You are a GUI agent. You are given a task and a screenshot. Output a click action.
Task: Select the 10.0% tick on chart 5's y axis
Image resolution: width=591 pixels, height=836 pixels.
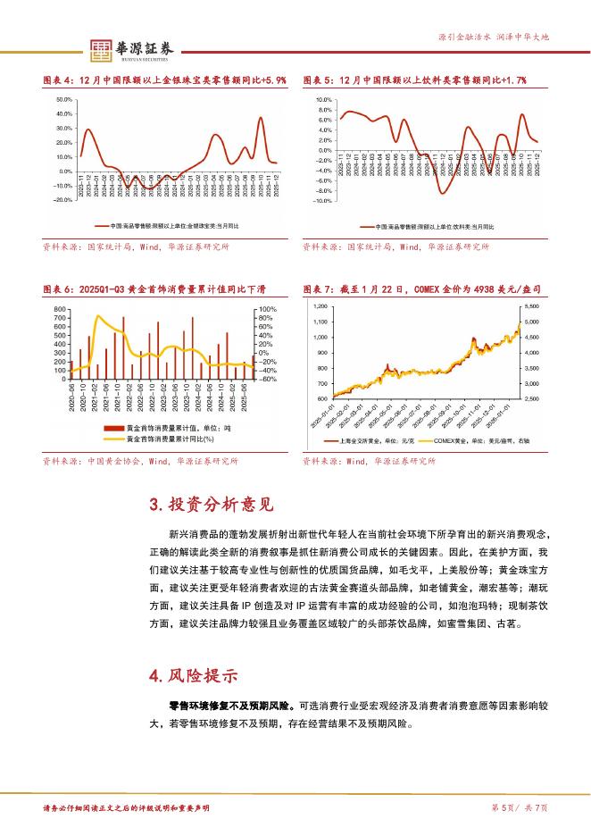point(323,99)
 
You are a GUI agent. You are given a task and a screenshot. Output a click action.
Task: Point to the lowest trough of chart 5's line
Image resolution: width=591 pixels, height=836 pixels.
point(442,193)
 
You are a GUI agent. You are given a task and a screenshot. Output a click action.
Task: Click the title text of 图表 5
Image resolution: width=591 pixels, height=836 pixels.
point(413,80)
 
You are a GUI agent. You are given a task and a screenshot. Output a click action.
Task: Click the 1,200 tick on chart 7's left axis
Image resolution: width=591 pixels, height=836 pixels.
point(320,306)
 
